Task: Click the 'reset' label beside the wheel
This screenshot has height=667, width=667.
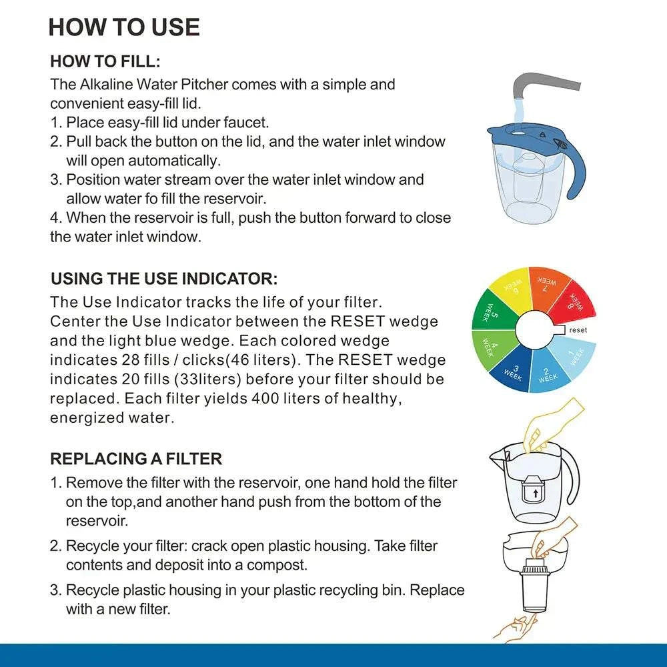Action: tap(578, 330)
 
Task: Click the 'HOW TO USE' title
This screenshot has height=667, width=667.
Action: tap(124, 27)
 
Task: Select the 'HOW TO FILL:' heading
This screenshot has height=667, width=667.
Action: tap(105, 62)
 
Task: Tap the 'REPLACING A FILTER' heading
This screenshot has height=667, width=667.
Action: tap(136, 459)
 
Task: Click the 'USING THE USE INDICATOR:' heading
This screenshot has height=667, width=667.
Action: tap(163, 278)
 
